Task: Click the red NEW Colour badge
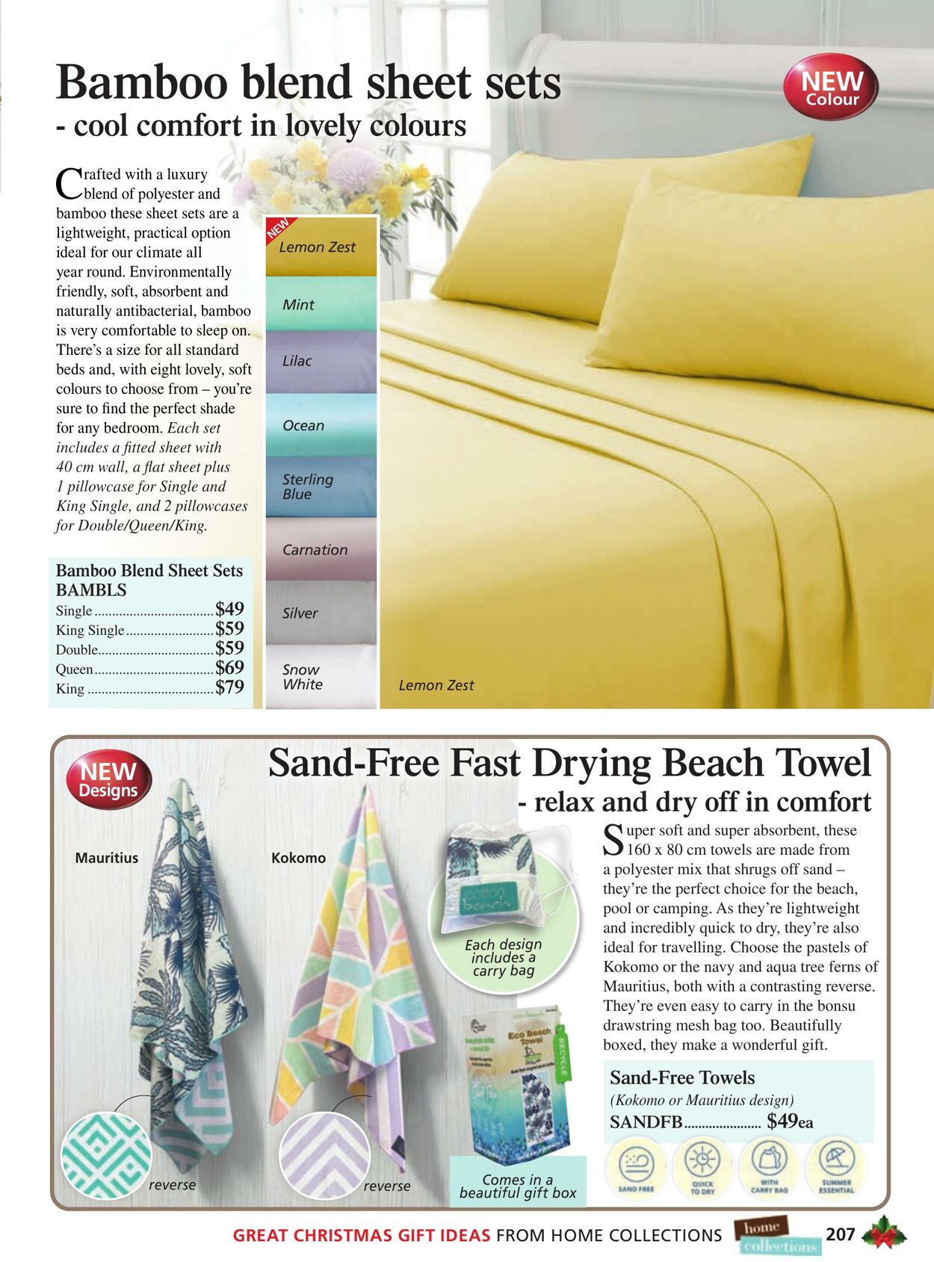830,87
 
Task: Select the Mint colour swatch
321,304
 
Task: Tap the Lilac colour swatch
321,362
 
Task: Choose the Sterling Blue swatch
321,487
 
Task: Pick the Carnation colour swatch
321,550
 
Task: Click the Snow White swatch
321,677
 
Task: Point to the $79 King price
230,687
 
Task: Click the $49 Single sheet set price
230,609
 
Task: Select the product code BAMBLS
91,590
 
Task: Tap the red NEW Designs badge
108,781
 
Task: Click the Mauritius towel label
107,858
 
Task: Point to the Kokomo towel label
298,858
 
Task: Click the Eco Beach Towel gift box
516,1076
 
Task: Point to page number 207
840,1234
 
